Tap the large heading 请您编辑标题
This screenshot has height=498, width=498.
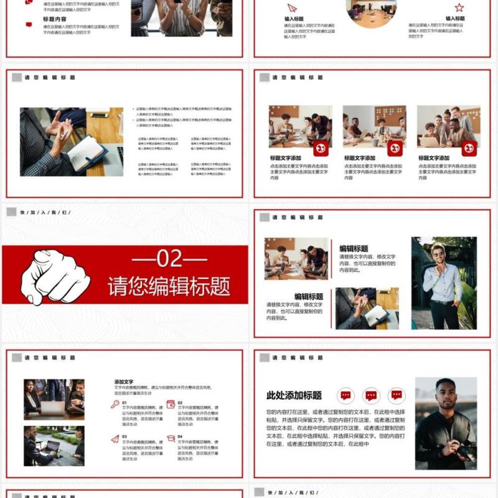pyautogui.click(x=169, y=286)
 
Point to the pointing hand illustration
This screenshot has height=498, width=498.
pyautogui.click(x=55, y=275)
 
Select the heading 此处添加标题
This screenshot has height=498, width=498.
pyautogui.click(x=294, y=395)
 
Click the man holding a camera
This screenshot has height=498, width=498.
pyautogui.click(x=446, y=423)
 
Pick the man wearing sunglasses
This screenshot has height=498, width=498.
pyautogui.click(x=443, y=283)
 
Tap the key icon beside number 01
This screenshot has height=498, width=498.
pyautogui.click(x=115, y=404)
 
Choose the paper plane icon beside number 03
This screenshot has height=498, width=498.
pyautogui.click(x=115, y=438)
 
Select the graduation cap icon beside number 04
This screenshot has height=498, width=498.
pyautogui.click(x=171, y=438)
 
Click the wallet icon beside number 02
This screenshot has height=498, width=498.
pyautogui.click(x=171, y=404)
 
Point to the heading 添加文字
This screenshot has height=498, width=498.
pyautogui.click(x=124, y=382)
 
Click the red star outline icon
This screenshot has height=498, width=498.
pyautogui.click(x=459, y=7)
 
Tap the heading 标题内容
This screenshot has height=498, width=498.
pyautogui.click(x=54, y=19)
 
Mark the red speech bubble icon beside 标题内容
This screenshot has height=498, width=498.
pyautogui.click(x=29, y=24)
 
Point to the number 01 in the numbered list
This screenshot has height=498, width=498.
pyautogui.click(x=125, y=403)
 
